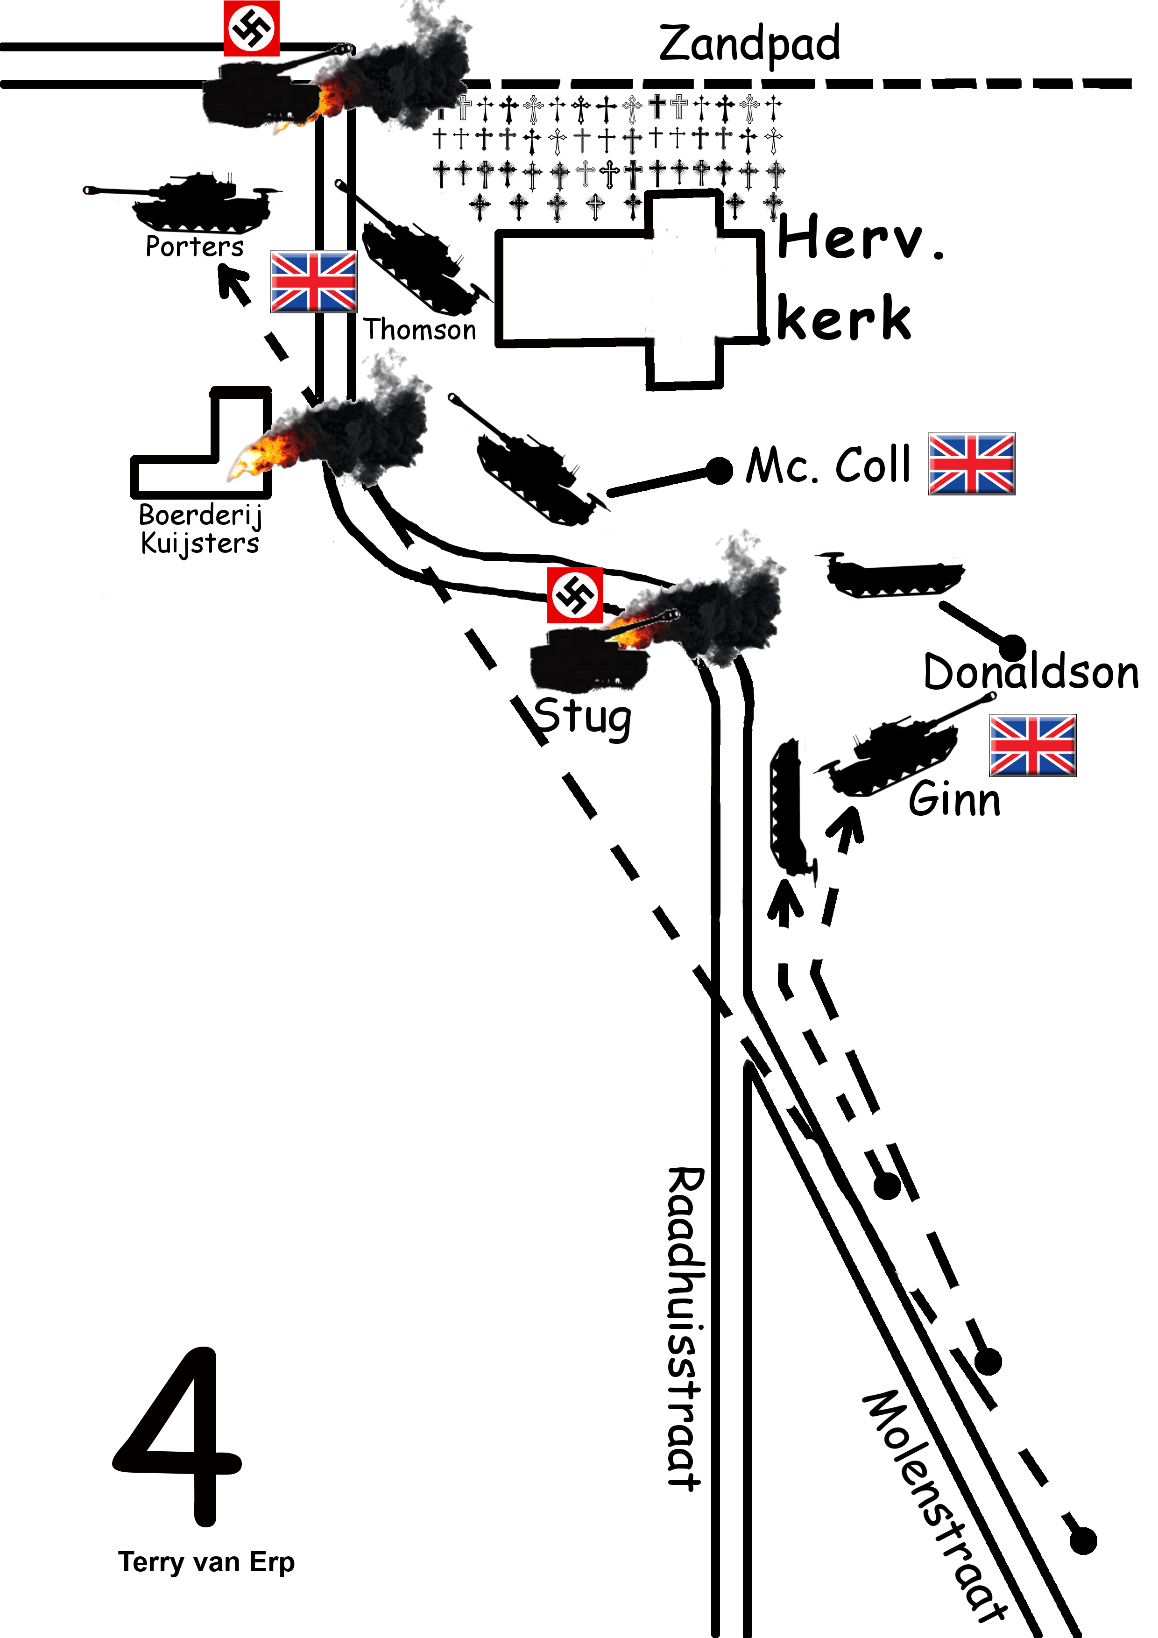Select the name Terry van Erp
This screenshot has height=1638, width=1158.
pyautogui.click(x=206, y=1562)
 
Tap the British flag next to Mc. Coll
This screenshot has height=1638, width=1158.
pyautogui.click(x=971, y=464)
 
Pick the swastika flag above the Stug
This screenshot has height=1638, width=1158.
pyautogui.click(x=575, y=595)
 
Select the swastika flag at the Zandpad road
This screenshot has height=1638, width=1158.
pyautogui.click(x=251, y=28)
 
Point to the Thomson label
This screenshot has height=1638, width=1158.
pyautogui.click(x=419, y=330)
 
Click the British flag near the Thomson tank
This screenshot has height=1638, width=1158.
pyautogui.click(x=313, y=282)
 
